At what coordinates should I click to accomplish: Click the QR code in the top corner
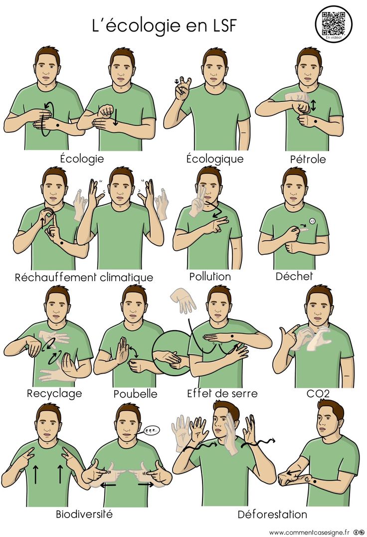tap(333, 22)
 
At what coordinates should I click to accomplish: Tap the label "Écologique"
tap(214, 159)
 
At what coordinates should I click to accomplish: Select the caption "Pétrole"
tap(308, 159)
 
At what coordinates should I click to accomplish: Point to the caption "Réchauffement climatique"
tap(84, 277)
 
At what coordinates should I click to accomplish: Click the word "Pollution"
tap(210, 276)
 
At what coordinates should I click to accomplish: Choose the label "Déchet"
tap(294, 276)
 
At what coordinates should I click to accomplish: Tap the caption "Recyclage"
tap(54, 393)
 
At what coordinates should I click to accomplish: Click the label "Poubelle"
tap(135, 394)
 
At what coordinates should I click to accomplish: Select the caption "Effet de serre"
tap(222, 393)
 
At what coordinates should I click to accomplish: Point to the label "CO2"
tap(318, 394)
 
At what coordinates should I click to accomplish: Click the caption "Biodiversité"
tap(84, 514)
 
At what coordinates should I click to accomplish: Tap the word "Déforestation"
tap(272, 514)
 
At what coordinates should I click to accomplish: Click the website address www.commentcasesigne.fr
tap(310, 532)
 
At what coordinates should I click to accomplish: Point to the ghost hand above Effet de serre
tap(183, 300)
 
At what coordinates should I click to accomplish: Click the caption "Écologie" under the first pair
tap(82, 158)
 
